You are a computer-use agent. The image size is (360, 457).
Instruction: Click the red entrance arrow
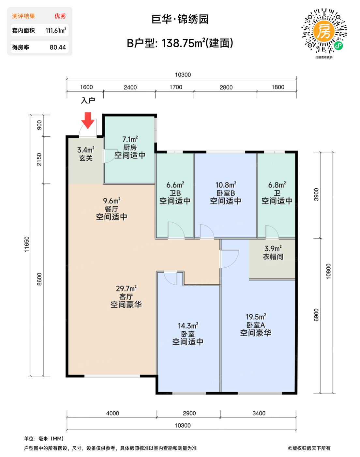coord(88,120)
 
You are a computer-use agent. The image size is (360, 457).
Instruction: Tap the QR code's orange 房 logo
coord(324,31)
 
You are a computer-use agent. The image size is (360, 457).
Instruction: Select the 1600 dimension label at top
coord(86,87)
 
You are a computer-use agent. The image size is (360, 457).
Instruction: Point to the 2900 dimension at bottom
coord(189,413)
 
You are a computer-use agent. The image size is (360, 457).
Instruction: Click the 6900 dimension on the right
coord(316,315)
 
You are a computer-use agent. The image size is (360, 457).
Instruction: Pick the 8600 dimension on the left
coord(39,279)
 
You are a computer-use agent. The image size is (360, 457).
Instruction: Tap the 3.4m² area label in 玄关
coord(86,150)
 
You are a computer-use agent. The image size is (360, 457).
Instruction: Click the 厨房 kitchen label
coord(130,147)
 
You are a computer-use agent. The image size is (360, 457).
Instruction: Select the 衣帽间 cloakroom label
coord(273,257)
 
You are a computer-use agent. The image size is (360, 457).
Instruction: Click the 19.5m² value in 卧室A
coord(256,317)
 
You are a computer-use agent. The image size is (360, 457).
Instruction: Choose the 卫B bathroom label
coord(175,193)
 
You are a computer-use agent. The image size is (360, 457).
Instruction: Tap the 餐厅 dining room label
coord(112,209)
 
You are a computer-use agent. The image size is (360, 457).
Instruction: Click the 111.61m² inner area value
coord(56,30)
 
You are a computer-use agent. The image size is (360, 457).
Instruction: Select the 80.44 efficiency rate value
coord(58,47)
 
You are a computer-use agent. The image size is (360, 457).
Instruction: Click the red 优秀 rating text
coord(60,16)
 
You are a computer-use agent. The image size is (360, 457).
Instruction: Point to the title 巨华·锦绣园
coord(180,19)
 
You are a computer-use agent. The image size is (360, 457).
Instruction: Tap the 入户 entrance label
coord(88,100)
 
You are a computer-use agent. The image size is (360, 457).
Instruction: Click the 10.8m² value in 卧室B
coord(226,185)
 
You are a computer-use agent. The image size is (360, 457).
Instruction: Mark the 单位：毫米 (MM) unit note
coord(44,438)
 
